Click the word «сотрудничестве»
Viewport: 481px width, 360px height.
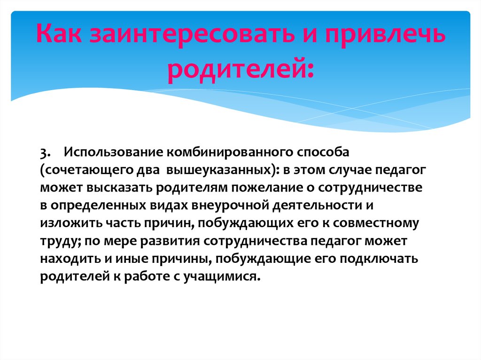coord(366,187)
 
